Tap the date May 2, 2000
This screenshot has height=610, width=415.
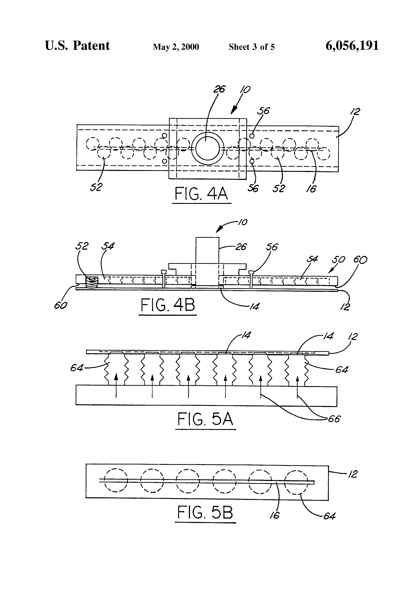(176, 47)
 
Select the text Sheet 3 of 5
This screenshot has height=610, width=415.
(252, 47)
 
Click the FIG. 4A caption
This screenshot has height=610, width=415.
(201, 194)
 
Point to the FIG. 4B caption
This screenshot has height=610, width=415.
(168, 305)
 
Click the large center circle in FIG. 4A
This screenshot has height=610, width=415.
(207, 149)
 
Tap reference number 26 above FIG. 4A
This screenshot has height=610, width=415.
(219, 89)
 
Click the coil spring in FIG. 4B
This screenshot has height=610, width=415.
(92, 283)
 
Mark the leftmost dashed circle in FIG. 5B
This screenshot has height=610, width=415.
(116, 480)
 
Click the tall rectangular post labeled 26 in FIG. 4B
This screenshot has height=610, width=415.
(207, 251)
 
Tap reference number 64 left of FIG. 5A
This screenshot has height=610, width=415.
(77, 368)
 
